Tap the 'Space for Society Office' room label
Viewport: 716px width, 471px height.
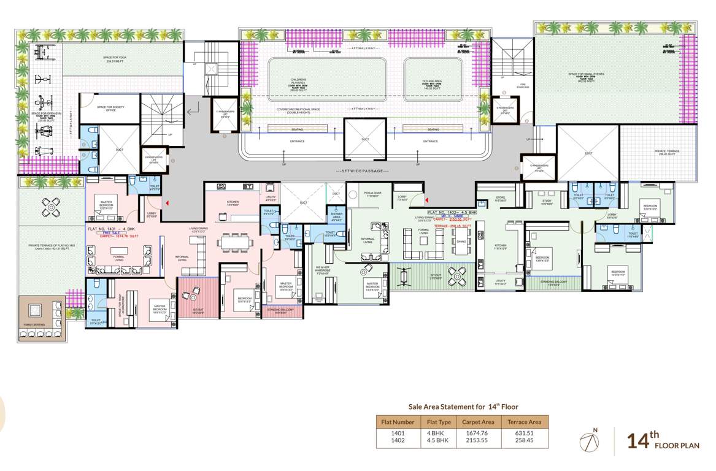click(110, 109)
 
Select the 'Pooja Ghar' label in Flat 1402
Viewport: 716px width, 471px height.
click(373, 194)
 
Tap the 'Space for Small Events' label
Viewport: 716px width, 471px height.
click(586, 77)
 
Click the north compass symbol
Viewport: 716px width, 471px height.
click(590, 440)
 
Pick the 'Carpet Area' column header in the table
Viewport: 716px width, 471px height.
click(478, 422)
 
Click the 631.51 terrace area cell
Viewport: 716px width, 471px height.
click(524, 433)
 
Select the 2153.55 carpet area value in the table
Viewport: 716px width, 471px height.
click(478, 440)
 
